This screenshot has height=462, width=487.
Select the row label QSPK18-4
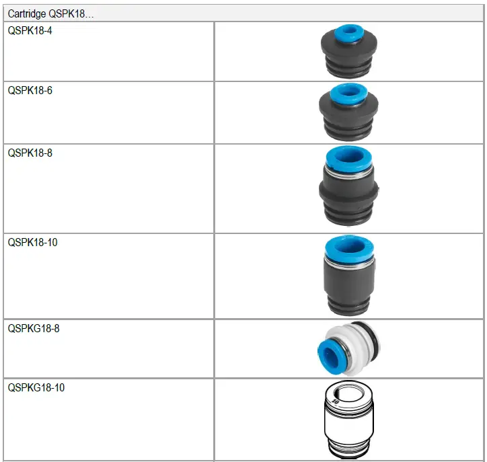coord(30,31)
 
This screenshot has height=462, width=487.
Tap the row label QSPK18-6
coord(30,91)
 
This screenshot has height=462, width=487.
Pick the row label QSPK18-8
coord(30,153)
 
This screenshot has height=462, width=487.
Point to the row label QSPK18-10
coord(32,242)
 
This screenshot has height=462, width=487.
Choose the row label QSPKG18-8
coord(34,329)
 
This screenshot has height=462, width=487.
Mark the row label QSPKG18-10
coord(36,388)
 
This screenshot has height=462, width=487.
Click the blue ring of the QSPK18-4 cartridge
coord(348,32)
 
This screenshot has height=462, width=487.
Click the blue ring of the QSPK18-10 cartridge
coord(348,247)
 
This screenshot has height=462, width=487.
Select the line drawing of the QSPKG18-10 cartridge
coord(348,420)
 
